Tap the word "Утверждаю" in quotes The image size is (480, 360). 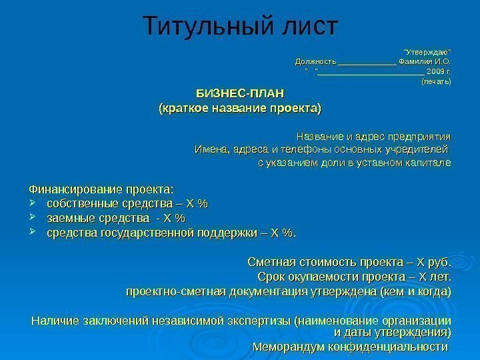coord(427,52)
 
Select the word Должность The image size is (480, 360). coord(316,62)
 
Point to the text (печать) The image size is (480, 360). coord(437,82)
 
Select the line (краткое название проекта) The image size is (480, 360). coord(238,107)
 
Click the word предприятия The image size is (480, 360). coord(418,133)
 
